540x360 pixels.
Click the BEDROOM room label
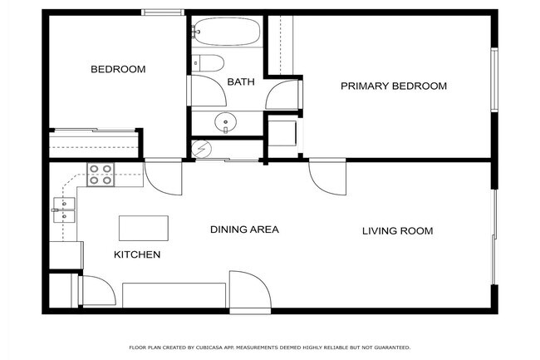118,69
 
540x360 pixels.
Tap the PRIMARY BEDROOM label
394,86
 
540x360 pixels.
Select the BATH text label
240,81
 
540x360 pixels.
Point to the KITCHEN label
136,254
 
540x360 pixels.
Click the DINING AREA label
243,229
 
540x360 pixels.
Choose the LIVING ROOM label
397,230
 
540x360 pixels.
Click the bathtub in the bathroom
226,32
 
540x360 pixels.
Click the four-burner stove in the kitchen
101,175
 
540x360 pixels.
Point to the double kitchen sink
63,209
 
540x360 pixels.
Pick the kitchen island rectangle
144,227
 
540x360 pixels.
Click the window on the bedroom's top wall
162,12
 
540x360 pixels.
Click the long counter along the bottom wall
174,295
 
